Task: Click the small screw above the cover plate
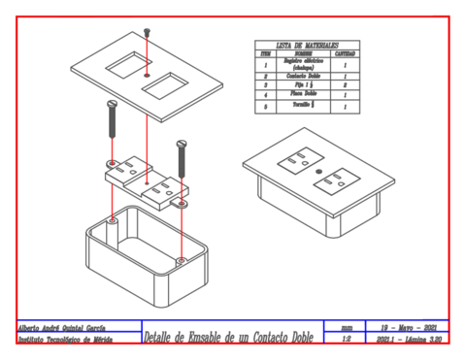(x=146, y=32)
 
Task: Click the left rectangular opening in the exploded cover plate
(x=124, y=67)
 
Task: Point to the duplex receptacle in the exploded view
(x=145, y=180)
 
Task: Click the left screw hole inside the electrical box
(x=113, y=222)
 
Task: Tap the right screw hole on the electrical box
(x=181, y=259)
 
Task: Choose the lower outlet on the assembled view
(x=341, y=179)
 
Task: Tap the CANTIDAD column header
(x=346, y=53)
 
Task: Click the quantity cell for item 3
(x=346, y=85)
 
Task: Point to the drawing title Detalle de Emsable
(x=233, y=337)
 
